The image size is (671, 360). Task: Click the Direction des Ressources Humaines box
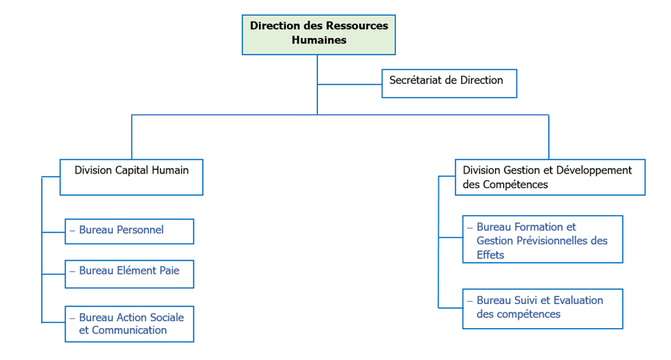click(x=319, y=34)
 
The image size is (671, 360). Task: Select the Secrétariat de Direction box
click(x=449, y=83)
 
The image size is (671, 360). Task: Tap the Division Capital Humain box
click(x=131, y=177)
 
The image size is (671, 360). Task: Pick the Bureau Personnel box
click(x=129, y=231)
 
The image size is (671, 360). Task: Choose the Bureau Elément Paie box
click(x=129, y=274)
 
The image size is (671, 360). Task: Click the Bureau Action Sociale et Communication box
click(x=129, y=323)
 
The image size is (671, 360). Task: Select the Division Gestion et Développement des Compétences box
click(x=549, y=177)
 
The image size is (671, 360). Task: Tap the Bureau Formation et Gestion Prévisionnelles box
click(x=542, y=239)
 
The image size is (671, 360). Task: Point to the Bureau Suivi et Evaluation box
click(x=542, y=309)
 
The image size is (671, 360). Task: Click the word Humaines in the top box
click(x=319, y=40)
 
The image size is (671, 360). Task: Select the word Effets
click(x=491, y=254)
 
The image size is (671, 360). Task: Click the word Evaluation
click(x=575, y=300)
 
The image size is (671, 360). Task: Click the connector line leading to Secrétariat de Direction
click(x=350, y=84)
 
